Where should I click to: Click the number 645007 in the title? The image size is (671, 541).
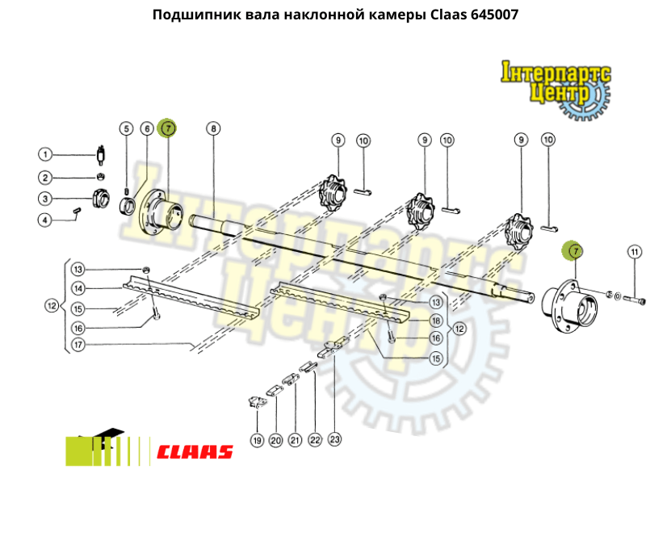point(494,15)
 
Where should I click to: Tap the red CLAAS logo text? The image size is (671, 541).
point(195,452)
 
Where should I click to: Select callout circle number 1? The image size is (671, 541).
point(45,154)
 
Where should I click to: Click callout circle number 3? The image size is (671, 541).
point(45,199)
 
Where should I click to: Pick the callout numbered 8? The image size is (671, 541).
point(213,128)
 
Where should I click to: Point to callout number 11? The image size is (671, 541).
point(635,252)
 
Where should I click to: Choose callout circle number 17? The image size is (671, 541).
point(78,345)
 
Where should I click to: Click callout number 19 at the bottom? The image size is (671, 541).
point(257,440)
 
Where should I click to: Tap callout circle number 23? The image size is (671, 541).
point(334,439)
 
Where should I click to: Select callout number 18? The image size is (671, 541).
point(436,321)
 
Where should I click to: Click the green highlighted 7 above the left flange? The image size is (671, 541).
point(167,128)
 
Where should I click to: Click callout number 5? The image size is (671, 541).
point(126,128)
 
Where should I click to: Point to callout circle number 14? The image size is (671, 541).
point(78,288)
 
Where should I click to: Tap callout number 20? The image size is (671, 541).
point(276,440)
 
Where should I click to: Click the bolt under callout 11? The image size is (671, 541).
point(634,300)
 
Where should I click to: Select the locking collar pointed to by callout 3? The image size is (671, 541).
point(101,198)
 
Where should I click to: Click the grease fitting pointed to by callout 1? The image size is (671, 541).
point(102,155)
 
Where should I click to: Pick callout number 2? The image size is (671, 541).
point(45,178)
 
